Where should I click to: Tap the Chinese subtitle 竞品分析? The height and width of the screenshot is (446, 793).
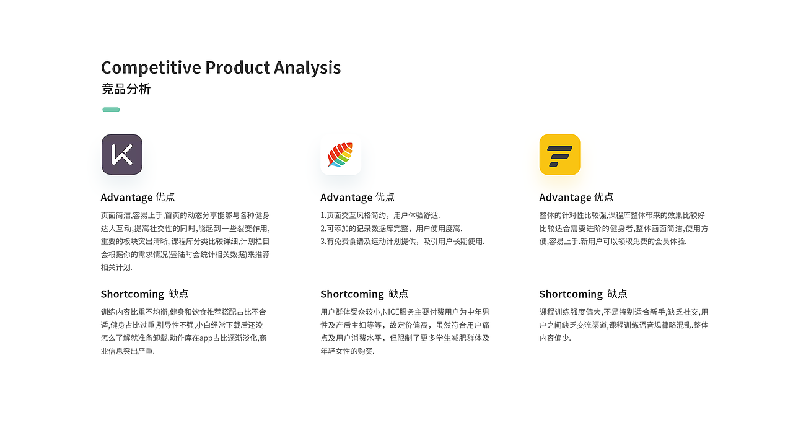click(126, 89)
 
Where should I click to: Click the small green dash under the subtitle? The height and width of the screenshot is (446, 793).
click(111, 110)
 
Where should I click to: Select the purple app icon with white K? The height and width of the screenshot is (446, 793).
click(122, 155)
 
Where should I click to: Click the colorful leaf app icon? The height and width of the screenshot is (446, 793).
click(341, 155)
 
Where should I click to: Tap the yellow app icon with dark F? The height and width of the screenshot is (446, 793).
click(559, 155)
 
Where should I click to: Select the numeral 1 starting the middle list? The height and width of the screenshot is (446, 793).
click(322, 216)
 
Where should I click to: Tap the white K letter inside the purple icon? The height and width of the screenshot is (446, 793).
click(122, 155)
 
